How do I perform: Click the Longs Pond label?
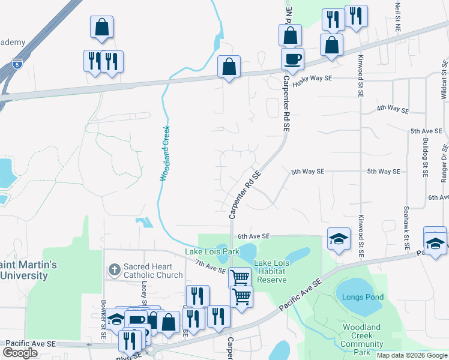(363, 297)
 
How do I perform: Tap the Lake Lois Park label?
(212, 251)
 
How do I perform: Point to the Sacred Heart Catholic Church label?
(152, 271)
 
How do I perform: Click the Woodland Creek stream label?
(165, 153)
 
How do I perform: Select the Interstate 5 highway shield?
(16, 62)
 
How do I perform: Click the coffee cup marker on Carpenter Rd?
(292, 59)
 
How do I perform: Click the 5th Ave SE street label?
(426, 130)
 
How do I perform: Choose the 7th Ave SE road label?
(210, 267)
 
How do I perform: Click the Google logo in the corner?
(20, 353)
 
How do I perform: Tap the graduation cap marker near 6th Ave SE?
(338, 239)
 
